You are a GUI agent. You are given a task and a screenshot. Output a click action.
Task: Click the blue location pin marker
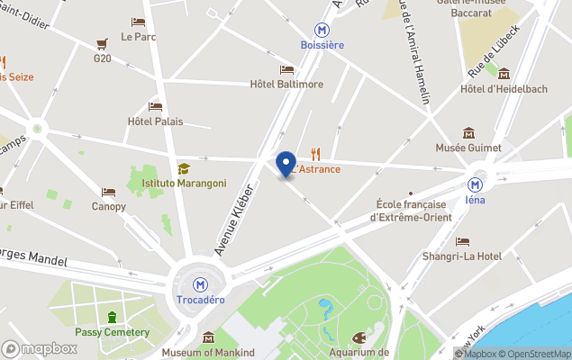coord(286,165)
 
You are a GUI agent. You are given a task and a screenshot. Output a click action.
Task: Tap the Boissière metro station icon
coord(322,29)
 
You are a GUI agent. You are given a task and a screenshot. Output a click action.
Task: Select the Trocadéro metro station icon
coord(200,283)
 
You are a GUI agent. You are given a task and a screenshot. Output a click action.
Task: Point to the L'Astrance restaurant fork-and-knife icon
coord(315,154)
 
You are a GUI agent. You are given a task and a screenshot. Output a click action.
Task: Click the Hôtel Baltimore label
coord(286,85)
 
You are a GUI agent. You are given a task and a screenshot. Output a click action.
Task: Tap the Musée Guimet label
coord(468,147)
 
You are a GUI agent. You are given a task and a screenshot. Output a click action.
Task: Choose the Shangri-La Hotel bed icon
coord(462,241)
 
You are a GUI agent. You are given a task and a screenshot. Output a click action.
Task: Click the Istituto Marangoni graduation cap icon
coord(184,168)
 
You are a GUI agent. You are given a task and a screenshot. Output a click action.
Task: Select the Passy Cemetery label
coord(113,332)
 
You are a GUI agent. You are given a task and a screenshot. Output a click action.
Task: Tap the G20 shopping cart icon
coord(102,43)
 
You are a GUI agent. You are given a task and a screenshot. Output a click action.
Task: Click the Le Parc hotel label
coord(138,37)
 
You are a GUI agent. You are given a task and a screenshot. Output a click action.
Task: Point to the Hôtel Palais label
coord(155,121)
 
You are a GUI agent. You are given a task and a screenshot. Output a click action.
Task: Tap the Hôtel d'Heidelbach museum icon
coord(504,74)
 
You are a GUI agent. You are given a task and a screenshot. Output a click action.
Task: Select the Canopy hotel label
coord(108,206)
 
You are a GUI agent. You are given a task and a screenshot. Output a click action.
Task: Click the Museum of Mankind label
coord(208,352)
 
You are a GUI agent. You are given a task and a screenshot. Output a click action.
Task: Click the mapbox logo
coord(40,348)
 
